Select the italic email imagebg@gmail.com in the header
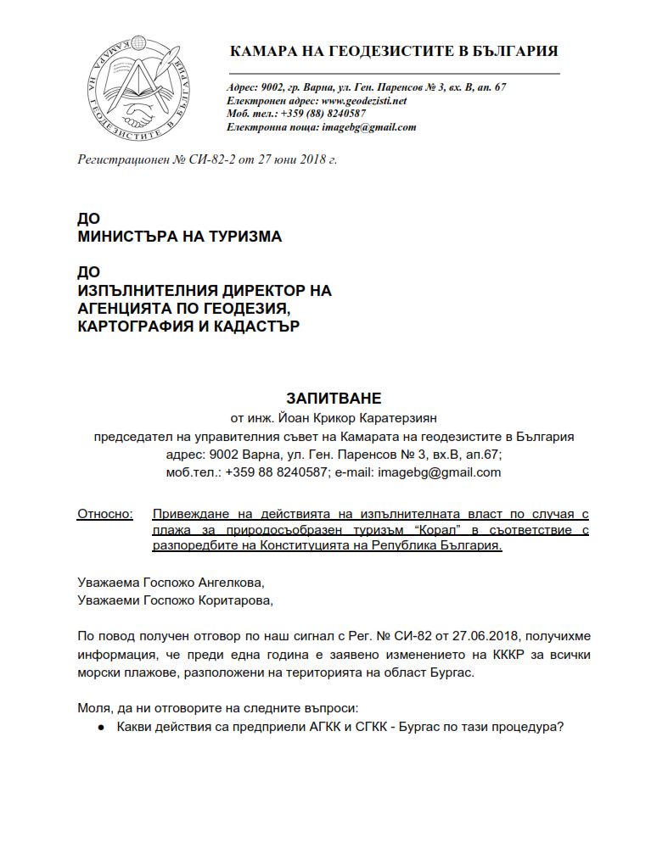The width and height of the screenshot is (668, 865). click(369, 127)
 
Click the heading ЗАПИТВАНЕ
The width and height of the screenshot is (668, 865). click(334, 397)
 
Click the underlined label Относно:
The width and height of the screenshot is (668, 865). click(105, 514)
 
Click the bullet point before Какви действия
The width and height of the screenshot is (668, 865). click(101, 727)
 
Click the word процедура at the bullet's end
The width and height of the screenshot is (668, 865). click(525, 727)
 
